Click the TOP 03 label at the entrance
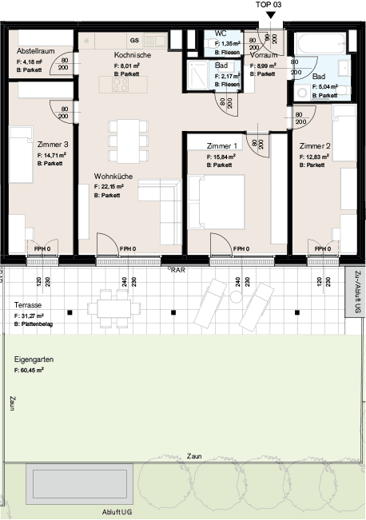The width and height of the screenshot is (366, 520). [x=269, y=5]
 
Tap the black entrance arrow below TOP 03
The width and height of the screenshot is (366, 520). [x=269, y=14]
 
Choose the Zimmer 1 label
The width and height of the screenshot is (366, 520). [x=222, y=147]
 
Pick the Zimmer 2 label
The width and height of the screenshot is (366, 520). [x=316, y=147]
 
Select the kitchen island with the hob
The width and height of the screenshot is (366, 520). [x=125, y=83]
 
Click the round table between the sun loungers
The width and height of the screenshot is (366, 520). [x=236, y=296]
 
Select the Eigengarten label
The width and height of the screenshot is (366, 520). [x=34, y=360]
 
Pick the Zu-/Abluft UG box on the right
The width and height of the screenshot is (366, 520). [x=356, y=292]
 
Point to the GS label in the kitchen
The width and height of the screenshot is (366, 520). [x=134, y=39]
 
